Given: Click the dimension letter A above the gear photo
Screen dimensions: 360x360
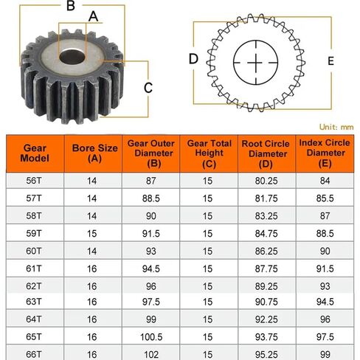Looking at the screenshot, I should point(93,15).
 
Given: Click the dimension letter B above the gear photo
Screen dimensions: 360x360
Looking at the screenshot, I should point(71,7).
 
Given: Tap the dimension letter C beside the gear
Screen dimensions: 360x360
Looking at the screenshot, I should point(148,88).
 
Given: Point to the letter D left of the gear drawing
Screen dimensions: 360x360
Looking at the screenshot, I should point(193,59).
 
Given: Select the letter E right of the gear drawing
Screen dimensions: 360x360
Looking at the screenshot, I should point(330,60).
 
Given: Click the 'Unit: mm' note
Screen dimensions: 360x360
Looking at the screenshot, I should point(336,126).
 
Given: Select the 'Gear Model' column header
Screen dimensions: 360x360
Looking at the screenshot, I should point(35,153).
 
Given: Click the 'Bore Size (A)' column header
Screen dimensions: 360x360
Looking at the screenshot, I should point(92,153).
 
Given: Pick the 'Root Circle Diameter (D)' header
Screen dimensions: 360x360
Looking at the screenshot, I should point(267,153).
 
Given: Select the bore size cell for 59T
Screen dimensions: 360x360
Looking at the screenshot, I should point(92,233).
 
